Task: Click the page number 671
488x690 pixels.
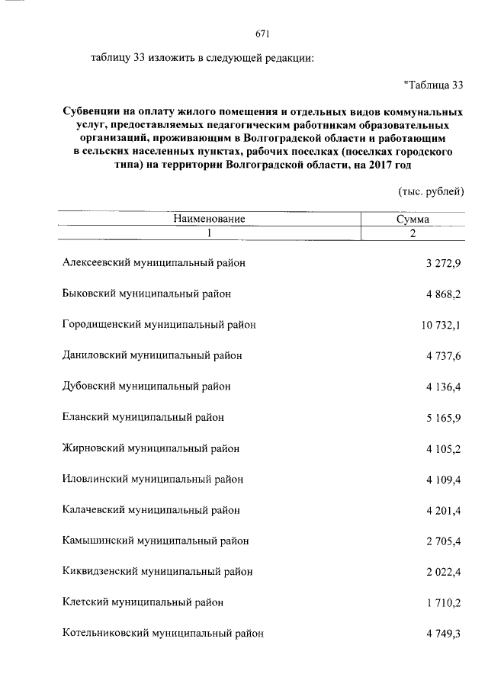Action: pyautogui.click(x=262, y=34)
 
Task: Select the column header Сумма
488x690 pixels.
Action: pyautogui.click(x=412, y=219)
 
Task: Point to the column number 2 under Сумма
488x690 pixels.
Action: pyautogui.click(x=412, y=233)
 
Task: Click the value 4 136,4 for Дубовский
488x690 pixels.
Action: pyautogui.click(x=444, y=387)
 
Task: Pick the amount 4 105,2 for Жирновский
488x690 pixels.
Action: pyautogui.click(x=444, y=448)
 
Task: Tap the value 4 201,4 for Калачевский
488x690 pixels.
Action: pyautogui.click(x=444, y=510)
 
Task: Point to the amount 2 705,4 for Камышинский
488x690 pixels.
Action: pyautogui.click(x=444, y=541)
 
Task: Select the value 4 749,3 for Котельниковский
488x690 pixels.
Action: pyautogui.click(x=444, y=633)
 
